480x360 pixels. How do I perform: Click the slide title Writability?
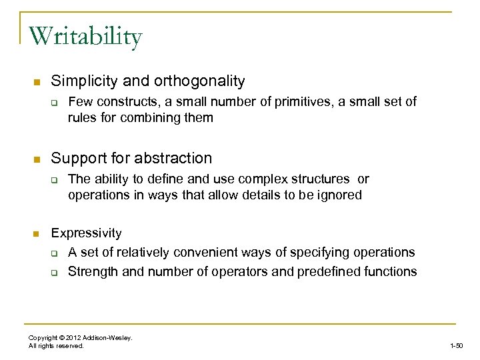[x=85, y=37]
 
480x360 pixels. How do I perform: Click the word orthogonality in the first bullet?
[x=199, y=81]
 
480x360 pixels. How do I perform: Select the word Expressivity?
[x=87, y=233]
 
